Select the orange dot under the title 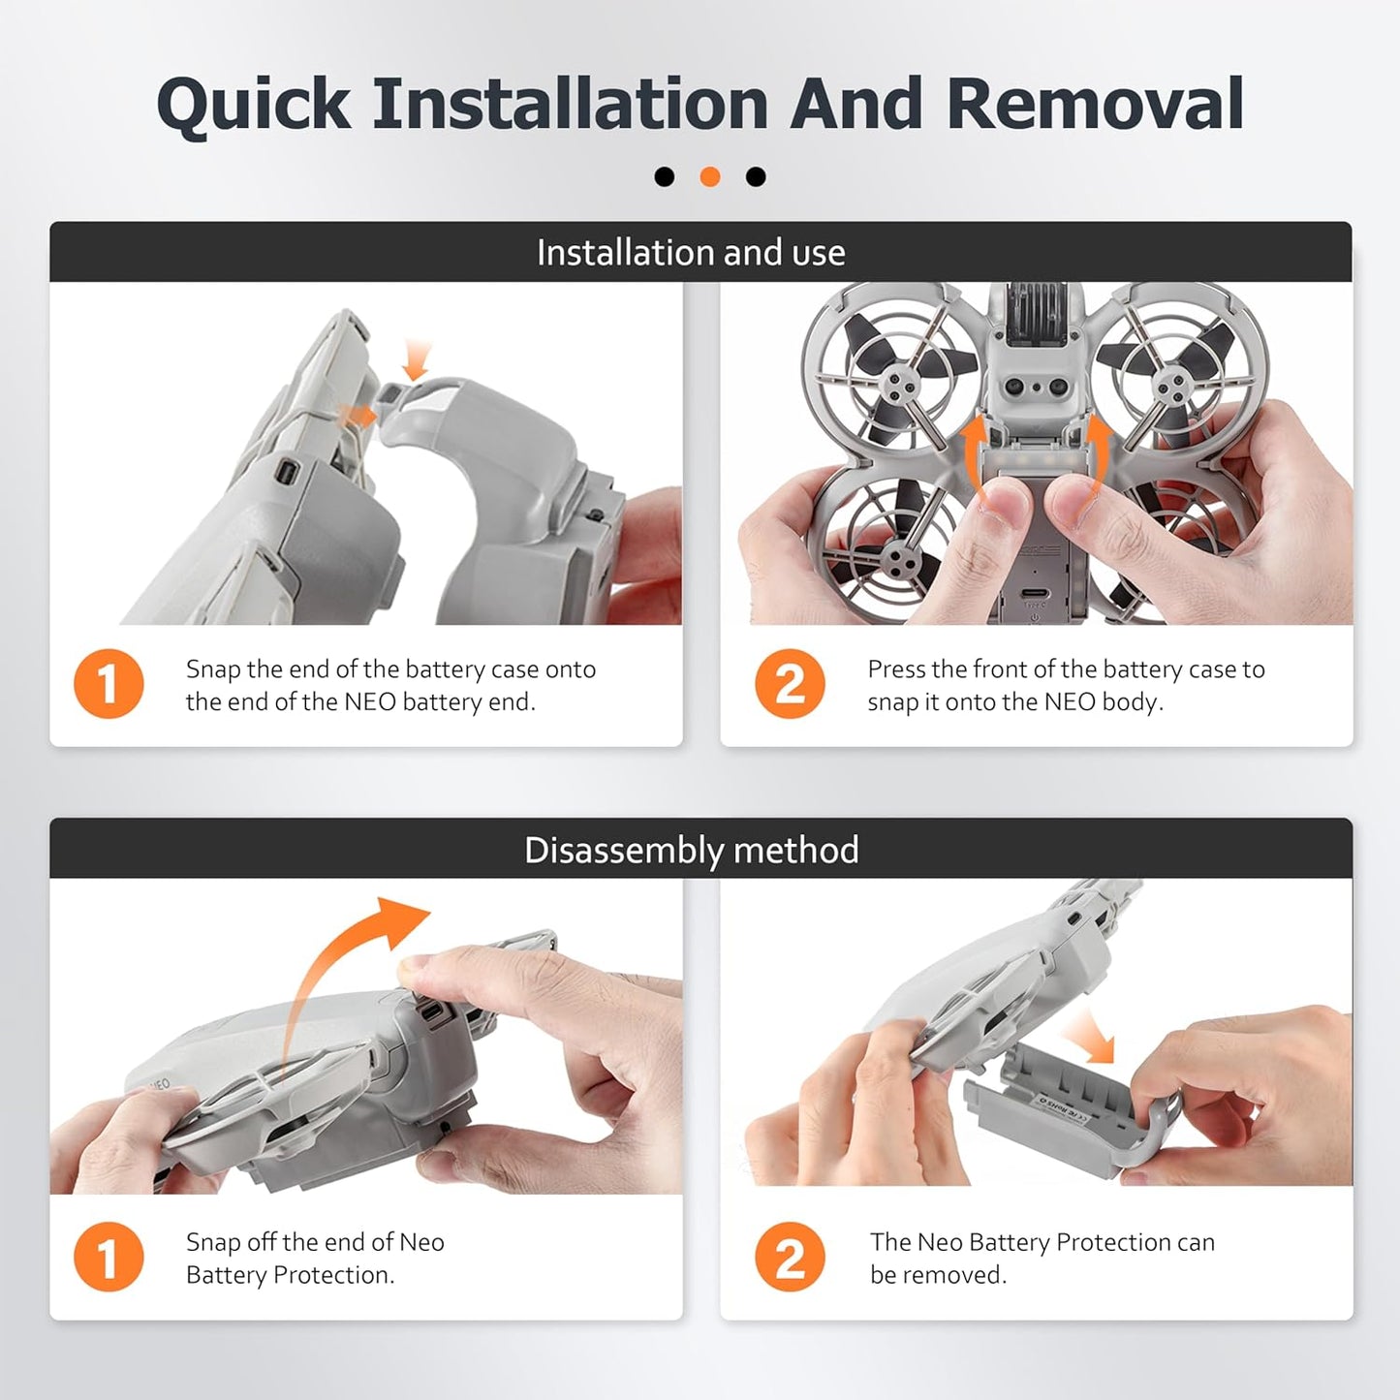click(x=710, y=176)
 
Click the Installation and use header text click(x=691, y=253)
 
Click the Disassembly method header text click(x=691, y=850)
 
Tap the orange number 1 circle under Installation click(x=109, y=684)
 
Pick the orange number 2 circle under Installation click(x=790, y=684)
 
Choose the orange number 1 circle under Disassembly click(x=109, y=1257)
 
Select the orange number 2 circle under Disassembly click(x=790, y=1257)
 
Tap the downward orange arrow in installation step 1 click(x=417, y=358)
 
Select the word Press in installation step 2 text click(x=895, y=669)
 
